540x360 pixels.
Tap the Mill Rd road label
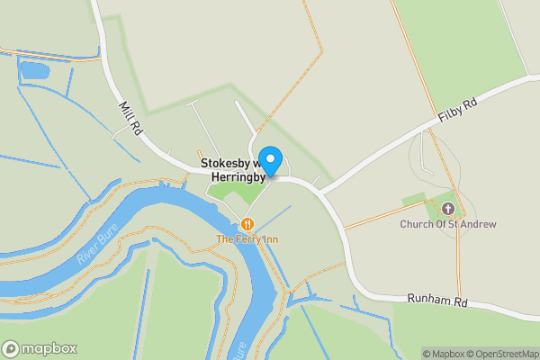pyautogui.click(x=130, y=118)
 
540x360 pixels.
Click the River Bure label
pyautogui.click(x=93, y=246)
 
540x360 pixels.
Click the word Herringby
pyautogui.click(x=237, y=177)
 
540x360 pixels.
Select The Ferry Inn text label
pyautogui.click(x=246, y=238)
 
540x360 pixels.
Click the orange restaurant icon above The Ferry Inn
pyautogui.click(x=247, y=223)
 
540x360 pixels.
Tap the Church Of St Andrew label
pyautogui.click(x=448, y=224)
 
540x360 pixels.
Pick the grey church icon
pyautogui.click(x=448, y=210)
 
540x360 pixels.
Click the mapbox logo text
pyautogui.click(x=49, y=348)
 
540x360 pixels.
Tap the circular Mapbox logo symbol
pyautogui.click(x=11, y=348)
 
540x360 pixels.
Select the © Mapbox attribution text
pyautogui.click(x=443, y=354)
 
